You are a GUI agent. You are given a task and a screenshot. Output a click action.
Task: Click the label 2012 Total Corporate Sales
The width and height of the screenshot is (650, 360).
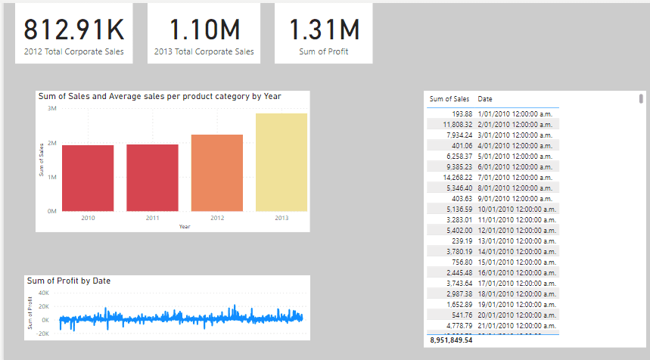[x=73, y=53]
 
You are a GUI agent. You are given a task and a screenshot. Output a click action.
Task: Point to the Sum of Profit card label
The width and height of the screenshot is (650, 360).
[x=324, y=53]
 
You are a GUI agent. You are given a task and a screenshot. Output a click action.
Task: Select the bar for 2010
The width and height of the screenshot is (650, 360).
[x=89, y=178]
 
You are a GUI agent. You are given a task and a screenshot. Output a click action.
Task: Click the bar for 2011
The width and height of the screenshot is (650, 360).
[x=153, y=178]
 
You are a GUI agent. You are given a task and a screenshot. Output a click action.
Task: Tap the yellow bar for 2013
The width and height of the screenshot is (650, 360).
[x=281, y=162]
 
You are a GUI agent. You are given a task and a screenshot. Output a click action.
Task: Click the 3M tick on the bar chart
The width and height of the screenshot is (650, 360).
[x=51, y=109]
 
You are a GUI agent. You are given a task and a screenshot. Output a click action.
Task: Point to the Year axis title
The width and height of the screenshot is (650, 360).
[x=185, y=226]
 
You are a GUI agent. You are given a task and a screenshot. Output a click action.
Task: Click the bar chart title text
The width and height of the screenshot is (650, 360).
[x=160, y=97]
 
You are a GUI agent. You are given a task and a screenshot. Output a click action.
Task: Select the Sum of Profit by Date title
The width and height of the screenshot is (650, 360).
[x=69, y=281]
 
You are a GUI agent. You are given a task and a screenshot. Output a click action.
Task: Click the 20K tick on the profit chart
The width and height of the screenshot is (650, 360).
[x=43, y=306]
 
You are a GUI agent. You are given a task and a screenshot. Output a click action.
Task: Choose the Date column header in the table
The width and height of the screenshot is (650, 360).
[x=485, y=99]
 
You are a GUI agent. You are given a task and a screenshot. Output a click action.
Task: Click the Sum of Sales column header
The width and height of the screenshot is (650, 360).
[x=449, y=99]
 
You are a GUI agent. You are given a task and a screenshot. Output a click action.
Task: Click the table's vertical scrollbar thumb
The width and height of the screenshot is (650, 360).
[x=642, y=98]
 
